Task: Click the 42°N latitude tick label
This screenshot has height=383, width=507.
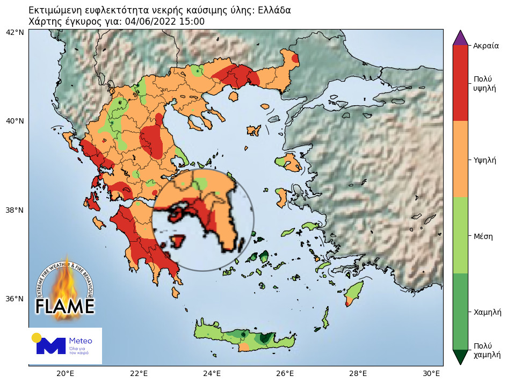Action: pyautogui.click(x=15, y=32)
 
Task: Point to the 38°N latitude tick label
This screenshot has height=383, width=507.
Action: pyautogui.click(x=15, y=210)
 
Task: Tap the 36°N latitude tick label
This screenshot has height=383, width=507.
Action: pyautogui.click(x=15, y=299)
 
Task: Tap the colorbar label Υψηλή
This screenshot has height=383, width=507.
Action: pyautogui.click(x=484, y=160)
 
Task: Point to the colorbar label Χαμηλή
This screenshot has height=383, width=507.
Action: pyautogui.click(x=487, y=312)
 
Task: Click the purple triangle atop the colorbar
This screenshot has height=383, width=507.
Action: pyautogui.click(x=461, y=38)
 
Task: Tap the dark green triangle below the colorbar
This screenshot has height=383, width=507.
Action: pyautogui.click(x=461, y=357)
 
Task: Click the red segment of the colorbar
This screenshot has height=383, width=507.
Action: pyautogui.click(x=461, y=82)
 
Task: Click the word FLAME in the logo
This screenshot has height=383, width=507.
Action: pyautogui.click(x=65, y=306)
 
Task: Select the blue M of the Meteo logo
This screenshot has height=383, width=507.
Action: pyautogui.click(x=50, y=346)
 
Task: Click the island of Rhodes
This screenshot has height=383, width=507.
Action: pyautogui.click(x=353, y=293)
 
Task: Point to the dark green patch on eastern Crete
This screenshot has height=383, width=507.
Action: pyautogui.click(x=265, y=338)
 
